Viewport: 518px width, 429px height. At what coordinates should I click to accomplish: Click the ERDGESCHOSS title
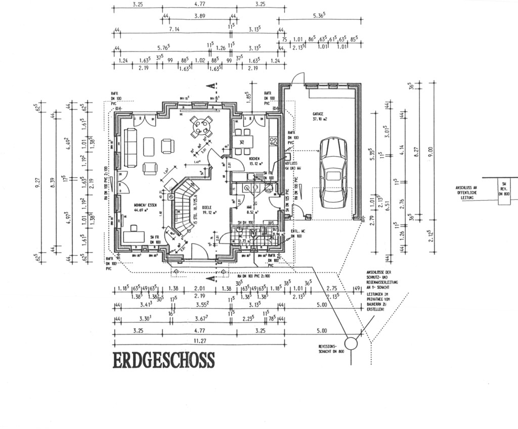[163, 361]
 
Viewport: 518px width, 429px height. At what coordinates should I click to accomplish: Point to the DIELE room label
[206, 207]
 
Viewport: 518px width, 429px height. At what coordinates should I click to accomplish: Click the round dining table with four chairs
[201, 126]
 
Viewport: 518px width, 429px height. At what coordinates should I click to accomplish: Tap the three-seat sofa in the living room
[131, 148]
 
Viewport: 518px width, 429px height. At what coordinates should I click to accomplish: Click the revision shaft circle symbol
[351, 344]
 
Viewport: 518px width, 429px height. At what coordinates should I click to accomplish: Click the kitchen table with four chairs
[244, 141]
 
